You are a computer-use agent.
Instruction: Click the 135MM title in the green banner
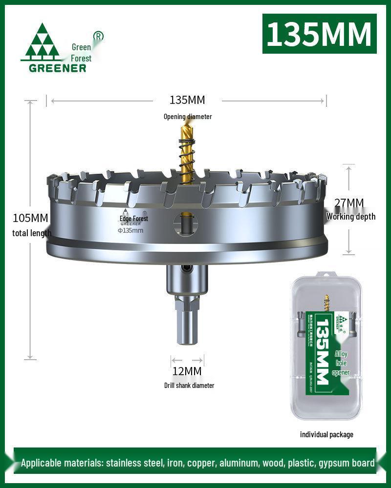(319, 33)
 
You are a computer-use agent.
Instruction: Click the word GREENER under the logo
(57, 68)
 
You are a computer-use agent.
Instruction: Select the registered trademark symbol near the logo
(98, 36)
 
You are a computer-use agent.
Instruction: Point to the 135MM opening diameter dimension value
(187, 100)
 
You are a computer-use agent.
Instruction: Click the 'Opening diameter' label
(188, 117)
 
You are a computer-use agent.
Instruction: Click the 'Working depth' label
(351, 217)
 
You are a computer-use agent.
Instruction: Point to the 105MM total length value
(30, 218)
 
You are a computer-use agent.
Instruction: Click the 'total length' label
(32, 233)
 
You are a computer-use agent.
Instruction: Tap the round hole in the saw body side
(185, 225)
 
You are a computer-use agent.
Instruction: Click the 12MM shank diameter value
(187, 371)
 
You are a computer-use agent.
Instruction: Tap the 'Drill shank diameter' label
(189, 386)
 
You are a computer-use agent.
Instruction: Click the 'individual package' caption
(326, 434)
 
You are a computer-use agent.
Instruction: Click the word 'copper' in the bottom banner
(202, 463)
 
